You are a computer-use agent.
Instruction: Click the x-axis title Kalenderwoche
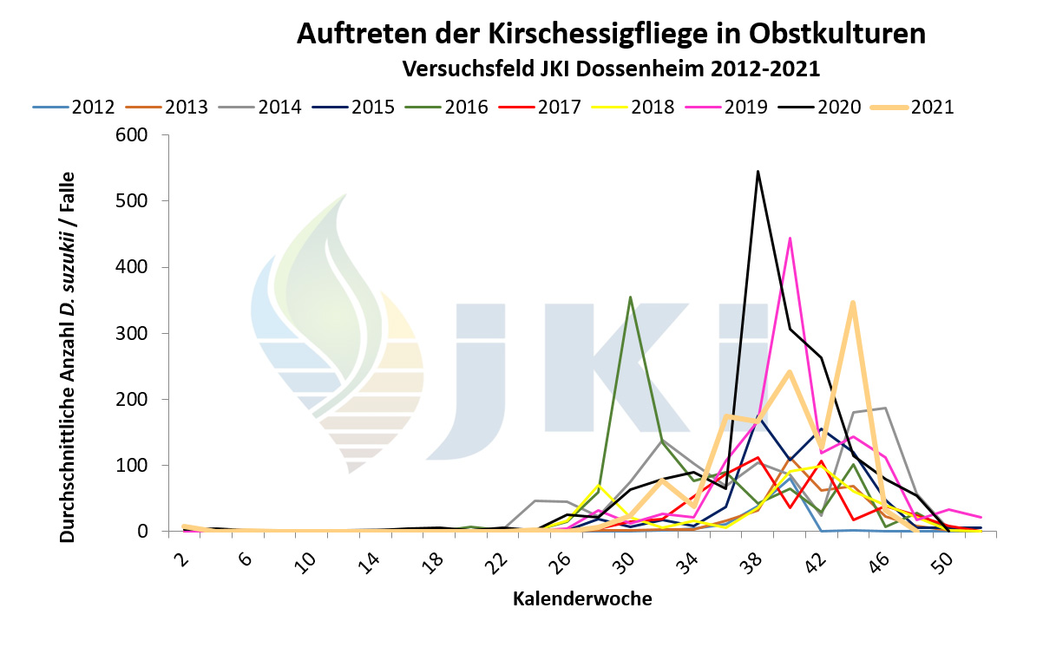[x=581, y=598]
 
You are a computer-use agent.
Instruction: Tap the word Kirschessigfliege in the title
[x=539, y=34]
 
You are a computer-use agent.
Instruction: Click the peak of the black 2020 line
[x=758, y=172]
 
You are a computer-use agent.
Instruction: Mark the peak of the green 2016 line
[x=630, y=297]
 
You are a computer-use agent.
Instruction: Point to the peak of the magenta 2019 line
[x=790, y=238]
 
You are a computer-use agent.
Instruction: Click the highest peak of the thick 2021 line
[x=853, y=302]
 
